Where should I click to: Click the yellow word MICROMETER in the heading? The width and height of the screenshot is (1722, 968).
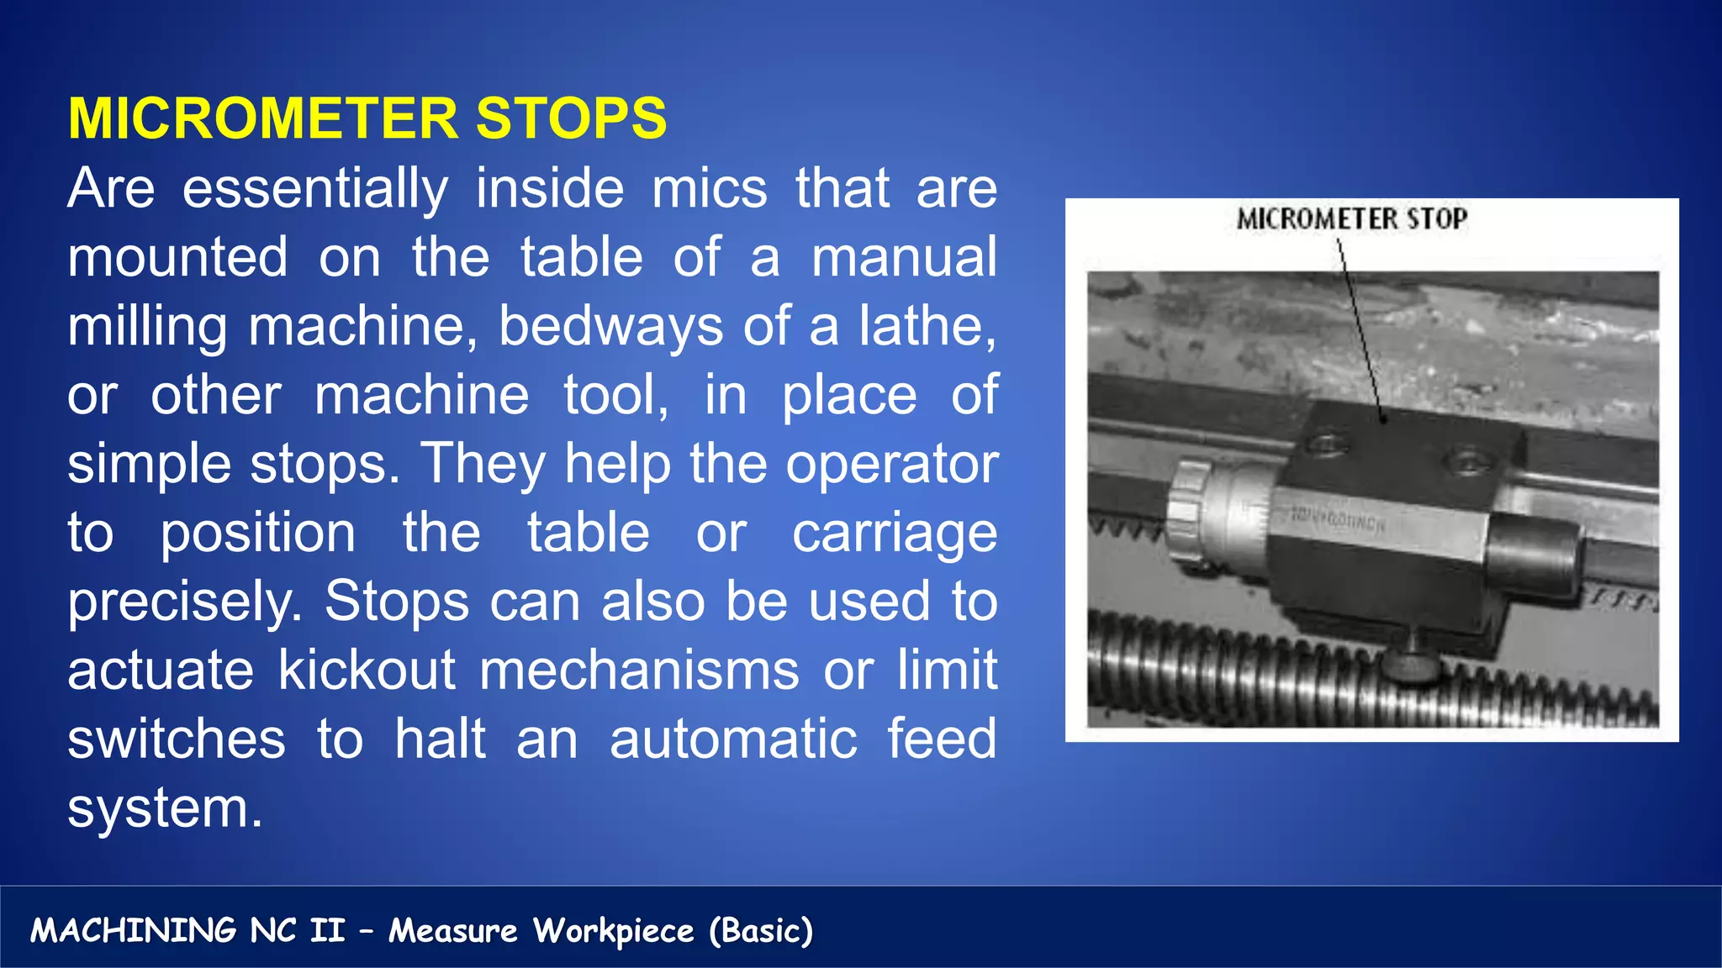(x=263, y=118)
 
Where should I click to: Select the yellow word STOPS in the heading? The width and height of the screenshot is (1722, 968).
(x=571, y=118)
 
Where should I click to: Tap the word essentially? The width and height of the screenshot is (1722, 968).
(x=315, y=188)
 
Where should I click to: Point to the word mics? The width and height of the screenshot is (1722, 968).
(x=710, y=188)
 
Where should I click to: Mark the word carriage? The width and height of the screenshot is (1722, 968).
(x=895, y=534)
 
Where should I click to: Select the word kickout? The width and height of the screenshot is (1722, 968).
(x=367, y=671)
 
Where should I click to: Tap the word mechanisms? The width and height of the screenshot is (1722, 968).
(x=639, y=671)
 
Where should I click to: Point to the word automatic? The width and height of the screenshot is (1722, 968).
(x=733, y=739)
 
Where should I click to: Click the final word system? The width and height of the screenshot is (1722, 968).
(x=165, y=808)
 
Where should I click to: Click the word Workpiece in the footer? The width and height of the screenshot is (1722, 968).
(x=614, y=931)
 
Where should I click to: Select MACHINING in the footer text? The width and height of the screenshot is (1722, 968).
(x=134, y=931)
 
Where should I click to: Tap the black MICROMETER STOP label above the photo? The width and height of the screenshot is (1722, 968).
(x=1352, y=219)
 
